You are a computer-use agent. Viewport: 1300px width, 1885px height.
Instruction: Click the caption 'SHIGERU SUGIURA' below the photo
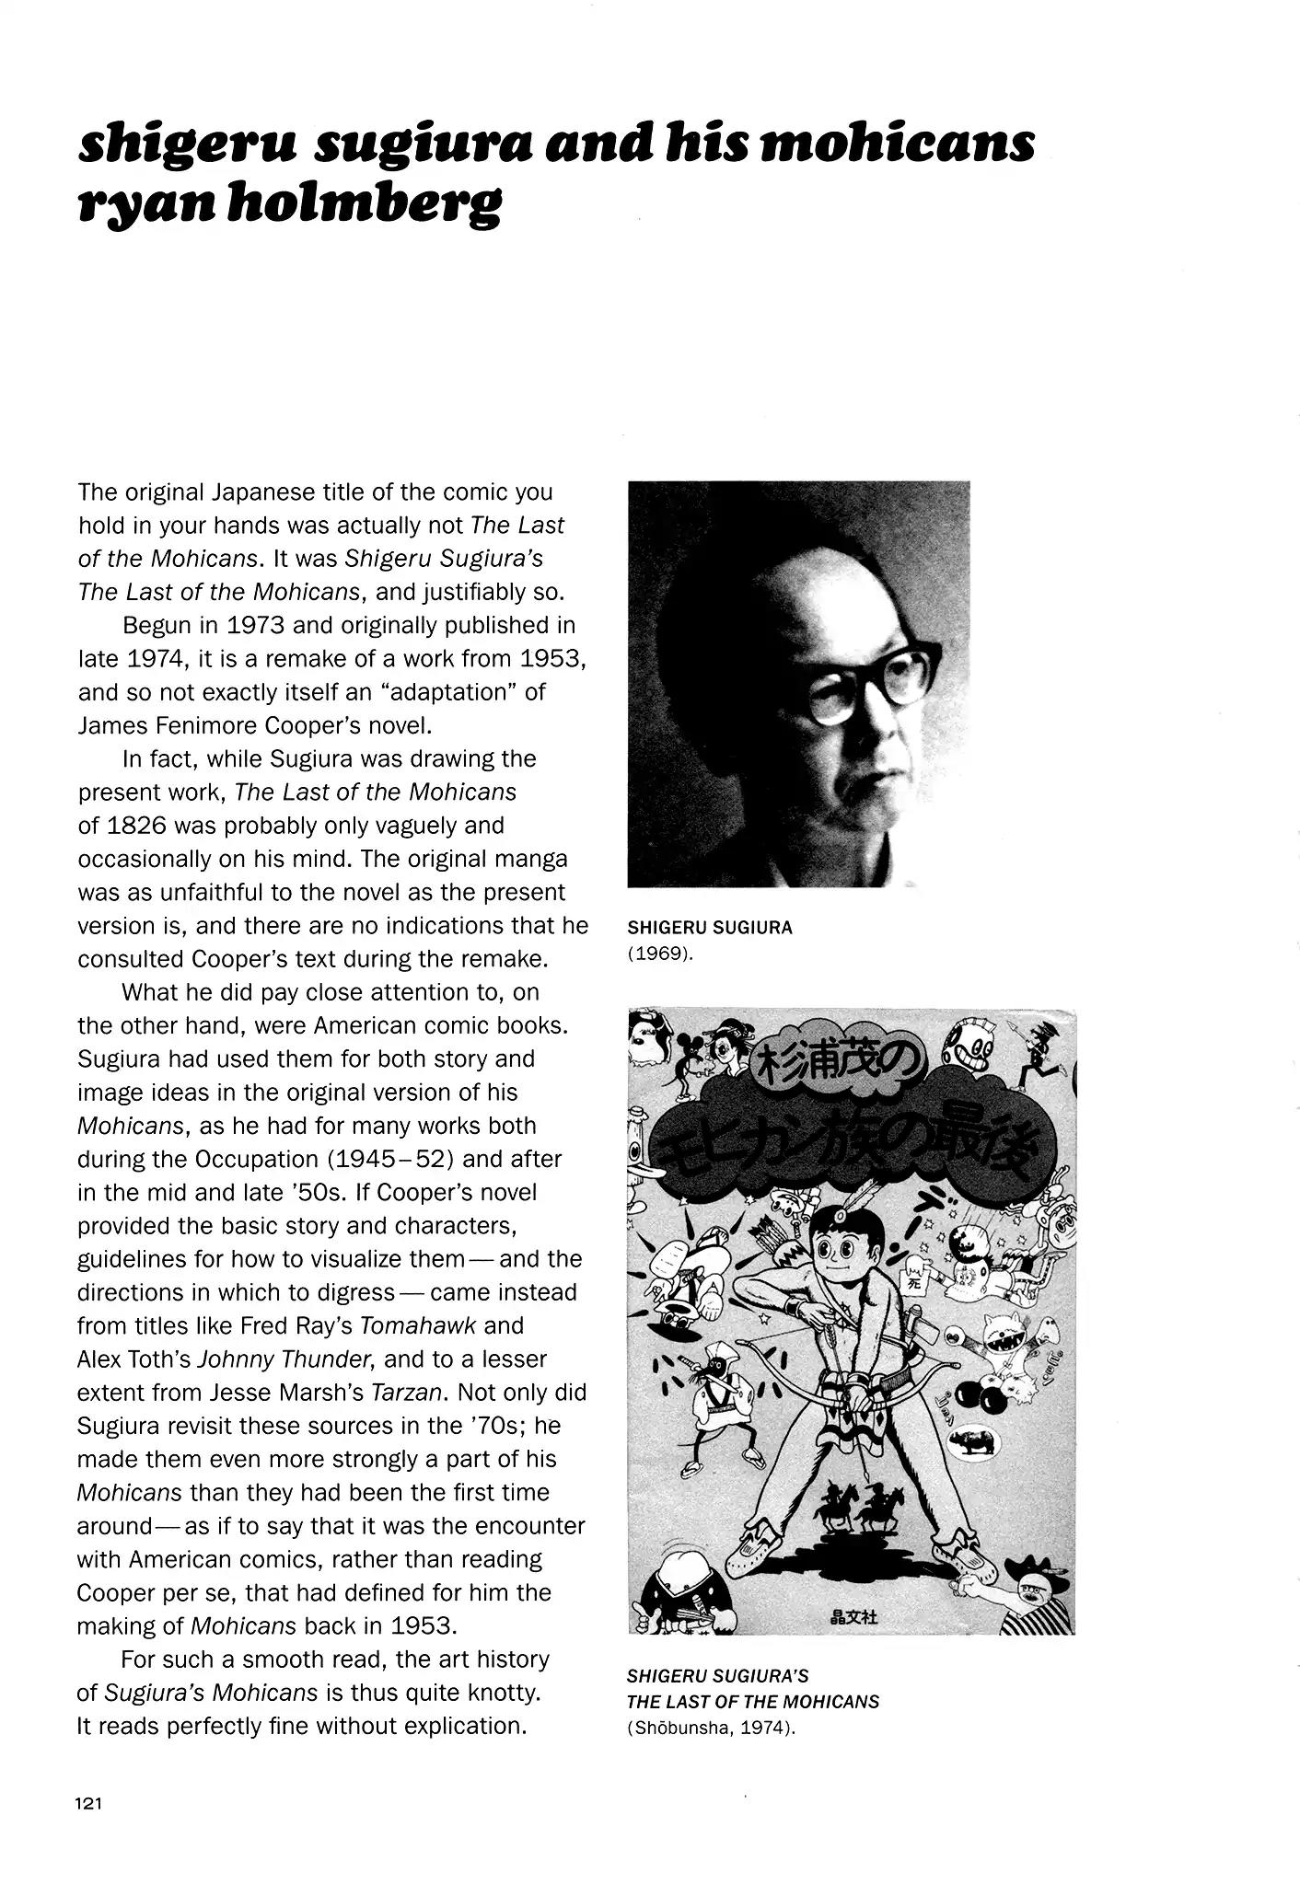(x=709, y=928)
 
